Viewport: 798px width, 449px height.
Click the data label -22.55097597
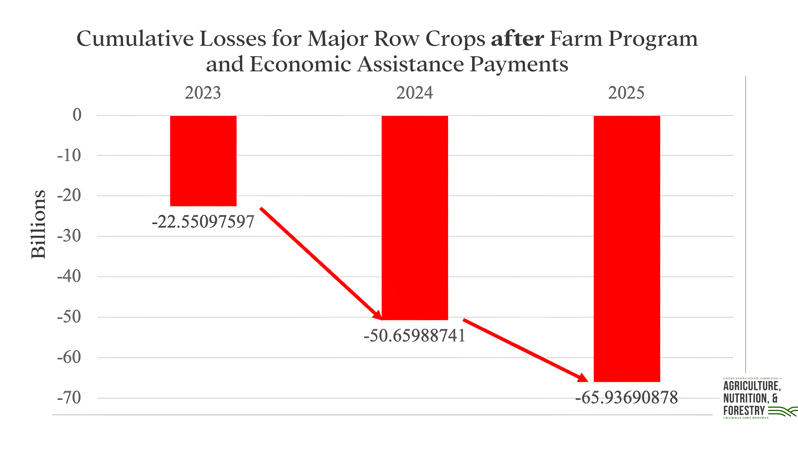(x=203, y=222)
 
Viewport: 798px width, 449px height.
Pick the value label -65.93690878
(x=626, y=398)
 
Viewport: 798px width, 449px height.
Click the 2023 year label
(x=203, y=93)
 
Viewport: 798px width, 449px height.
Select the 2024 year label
(x=414, y=93)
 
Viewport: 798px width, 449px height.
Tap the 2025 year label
(x=626, y=93)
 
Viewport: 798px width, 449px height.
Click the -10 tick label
(x=69, y=156)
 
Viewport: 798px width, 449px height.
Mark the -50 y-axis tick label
(x=69, y=317)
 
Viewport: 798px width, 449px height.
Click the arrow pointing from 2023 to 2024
(x=321, y=263)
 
